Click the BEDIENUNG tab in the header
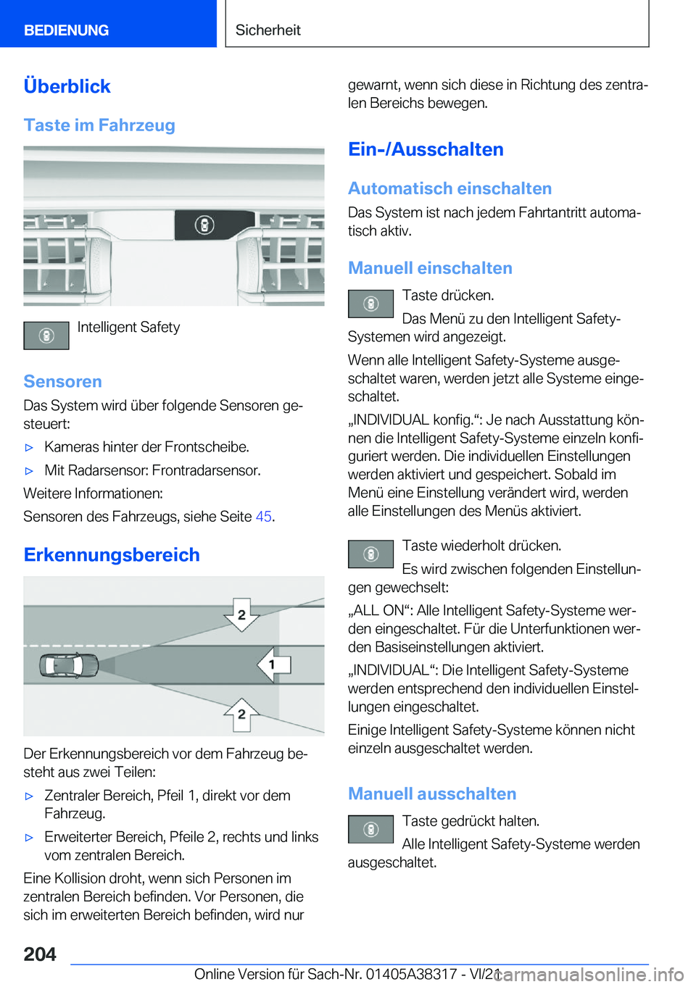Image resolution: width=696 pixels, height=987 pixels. [66, 30]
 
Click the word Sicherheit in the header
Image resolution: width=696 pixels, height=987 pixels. [268, 30]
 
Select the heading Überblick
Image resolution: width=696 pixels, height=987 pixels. [67, 86]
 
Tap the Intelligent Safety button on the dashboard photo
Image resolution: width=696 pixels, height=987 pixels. [204, 225]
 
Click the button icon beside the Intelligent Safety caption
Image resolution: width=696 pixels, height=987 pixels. [46, 336]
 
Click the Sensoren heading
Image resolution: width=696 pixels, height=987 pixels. [62, 381]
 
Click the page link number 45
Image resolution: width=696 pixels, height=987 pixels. [263, 517]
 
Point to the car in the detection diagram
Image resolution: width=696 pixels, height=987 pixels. [70, 665]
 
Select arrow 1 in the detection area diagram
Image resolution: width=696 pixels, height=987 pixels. [273, 664]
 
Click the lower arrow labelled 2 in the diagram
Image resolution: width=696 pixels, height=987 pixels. [241, 715]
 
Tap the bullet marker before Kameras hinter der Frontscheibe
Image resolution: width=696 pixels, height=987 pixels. [30, 448]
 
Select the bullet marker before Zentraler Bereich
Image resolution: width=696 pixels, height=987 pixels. [30, 796]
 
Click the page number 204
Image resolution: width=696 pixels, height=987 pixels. [40, 954]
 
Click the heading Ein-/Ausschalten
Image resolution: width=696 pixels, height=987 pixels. [426, 149]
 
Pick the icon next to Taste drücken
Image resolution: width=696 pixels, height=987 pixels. [370, 304]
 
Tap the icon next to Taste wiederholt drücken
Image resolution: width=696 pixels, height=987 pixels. [370, 554]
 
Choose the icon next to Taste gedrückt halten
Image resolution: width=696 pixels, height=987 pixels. [370, 829]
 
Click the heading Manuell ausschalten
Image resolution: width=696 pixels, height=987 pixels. [432, 794]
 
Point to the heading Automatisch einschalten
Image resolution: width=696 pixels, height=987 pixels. [449, 188]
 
